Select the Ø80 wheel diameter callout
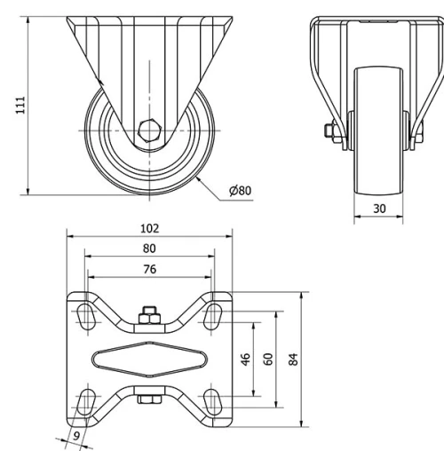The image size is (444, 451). [240, 191]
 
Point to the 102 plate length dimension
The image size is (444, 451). [149, 228]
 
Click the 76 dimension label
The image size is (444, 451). [149, 269]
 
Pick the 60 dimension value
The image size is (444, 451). [268, 360]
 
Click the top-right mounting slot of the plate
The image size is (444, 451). [213, 316]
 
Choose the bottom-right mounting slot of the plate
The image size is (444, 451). [213, 400]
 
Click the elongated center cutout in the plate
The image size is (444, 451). [149, 359]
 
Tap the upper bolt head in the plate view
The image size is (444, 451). [148, 314]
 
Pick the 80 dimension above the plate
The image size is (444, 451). [149, 249]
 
